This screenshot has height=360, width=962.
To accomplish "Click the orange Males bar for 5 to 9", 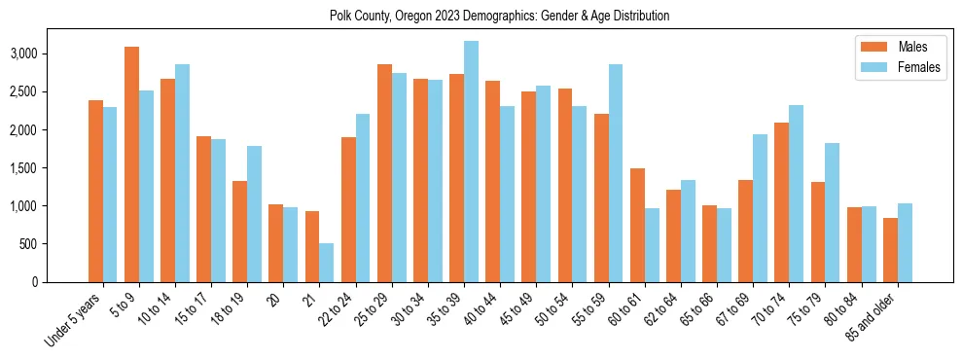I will (x=131, y=164).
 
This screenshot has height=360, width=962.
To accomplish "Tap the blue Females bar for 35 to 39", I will (x=471, y=162).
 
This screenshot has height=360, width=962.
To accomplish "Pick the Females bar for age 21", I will (x=327, y=263).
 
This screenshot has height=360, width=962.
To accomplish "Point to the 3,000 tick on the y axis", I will (x=24, y=54).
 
